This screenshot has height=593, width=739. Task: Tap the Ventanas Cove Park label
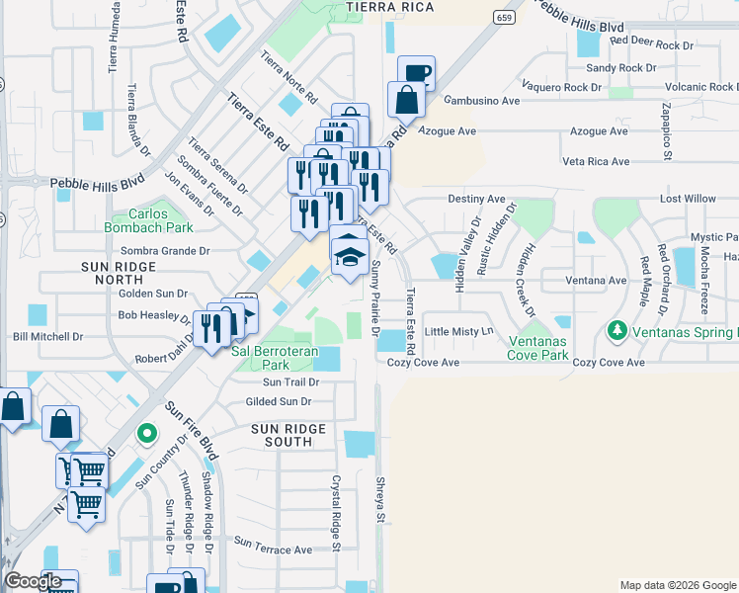(x=537, y=347)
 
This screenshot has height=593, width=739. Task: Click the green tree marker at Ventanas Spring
(x=618, y=328)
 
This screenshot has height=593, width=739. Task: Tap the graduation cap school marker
(x=348, y=255)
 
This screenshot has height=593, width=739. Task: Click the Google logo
(x=33, y=580)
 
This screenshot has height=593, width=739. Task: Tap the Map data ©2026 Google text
(x=677, y=585)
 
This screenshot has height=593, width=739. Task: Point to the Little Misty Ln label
(x=458, y=331)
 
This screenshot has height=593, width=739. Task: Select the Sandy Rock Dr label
(x=620, y=68)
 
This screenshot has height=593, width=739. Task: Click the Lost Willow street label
(x=688, y=199)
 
